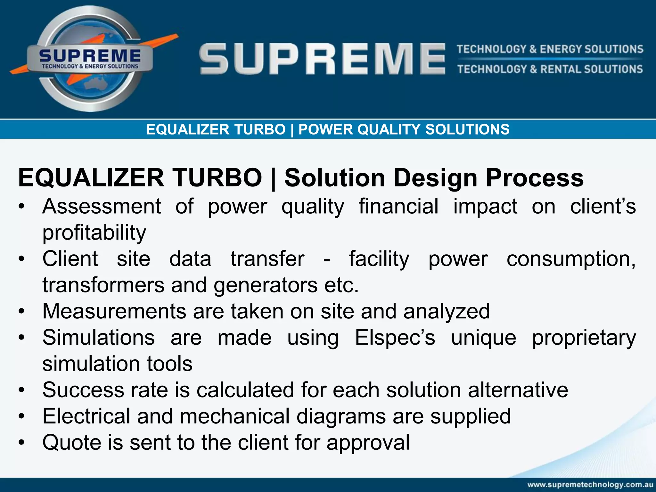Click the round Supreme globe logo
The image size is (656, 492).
click(90, 59)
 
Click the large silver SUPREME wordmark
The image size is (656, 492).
click(322, 59)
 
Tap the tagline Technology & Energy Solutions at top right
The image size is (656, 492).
click(550, 49)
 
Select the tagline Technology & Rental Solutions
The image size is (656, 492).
click(550, 69)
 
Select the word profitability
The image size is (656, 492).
click(94, 233)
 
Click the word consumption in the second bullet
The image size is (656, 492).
click(571, 259)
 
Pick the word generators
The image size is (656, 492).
click(265, 285)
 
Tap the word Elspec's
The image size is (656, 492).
click(395, 338)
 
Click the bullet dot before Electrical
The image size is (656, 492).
click(21, 416)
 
